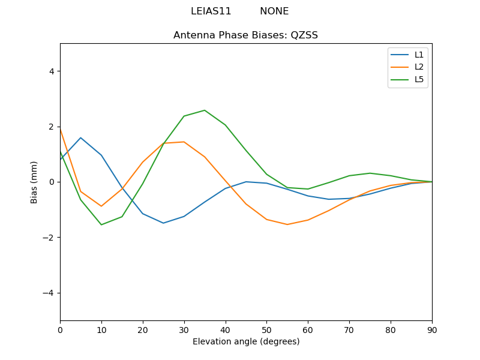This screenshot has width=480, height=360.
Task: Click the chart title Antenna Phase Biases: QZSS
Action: click(245, 35)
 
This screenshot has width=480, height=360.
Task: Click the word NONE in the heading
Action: click(274, 11)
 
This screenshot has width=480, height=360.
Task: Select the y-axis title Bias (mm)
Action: click(34, 182)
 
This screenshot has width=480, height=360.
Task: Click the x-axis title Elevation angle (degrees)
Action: click(245, 342)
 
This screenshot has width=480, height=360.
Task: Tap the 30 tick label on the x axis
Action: click(184, 329)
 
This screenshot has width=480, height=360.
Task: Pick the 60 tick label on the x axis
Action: click(308, 329)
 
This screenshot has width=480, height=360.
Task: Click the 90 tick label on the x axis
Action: click(432, 329)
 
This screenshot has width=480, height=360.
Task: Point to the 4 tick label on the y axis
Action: click(51, 71)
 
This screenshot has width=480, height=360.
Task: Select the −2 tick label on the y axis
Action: click(49, 238)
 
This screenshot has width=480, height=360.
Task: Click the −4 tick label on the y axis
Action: click(49, 293)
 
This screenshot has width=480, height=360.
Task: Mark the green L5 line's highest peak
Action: click(205, 110)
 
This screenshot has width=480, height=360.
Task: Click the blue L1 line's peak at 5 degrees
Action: click(80, 138)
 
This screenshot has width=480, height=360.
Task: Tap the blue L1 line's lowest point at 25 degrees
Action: click(163, 223)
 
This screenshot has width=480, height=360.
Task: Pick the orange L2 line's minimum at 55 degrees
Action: click(287, 224)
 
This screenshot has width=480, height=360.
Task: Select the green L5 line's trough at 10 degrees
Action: click(101, 224)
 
